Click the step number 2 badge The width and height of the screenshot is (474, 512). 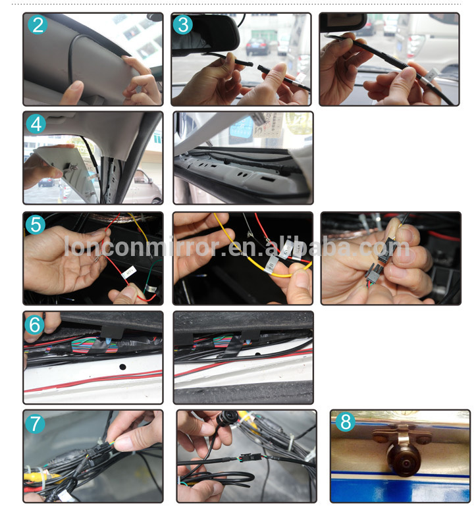point(38,25)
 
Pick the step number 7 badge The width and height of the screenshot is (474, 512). point(35,423)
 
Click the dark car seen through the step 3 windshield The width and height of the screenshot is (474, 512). point(257,46)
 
